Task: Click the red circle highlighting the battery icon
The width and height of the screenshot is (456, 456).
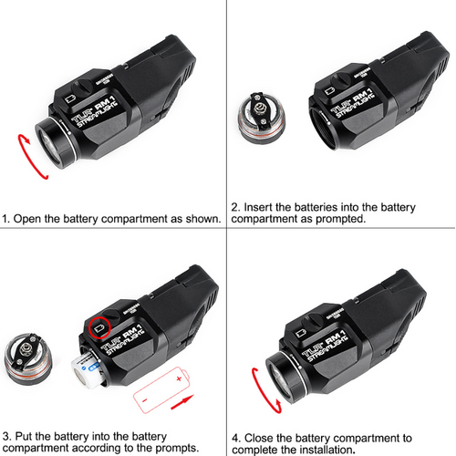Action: point(98,323)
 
